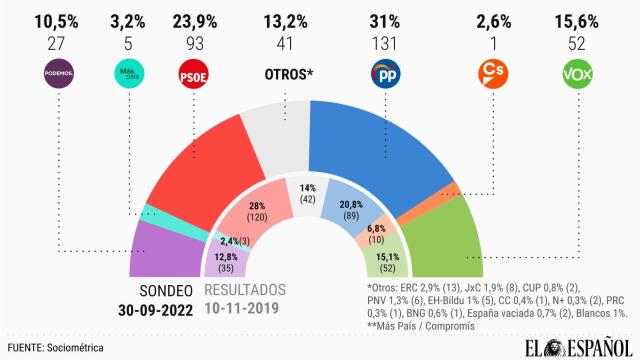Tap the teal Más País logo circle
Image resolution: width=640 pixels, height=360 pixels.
tap(124, 74)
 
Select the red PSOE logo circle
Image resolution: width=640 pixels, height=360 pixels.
tap(192, 74)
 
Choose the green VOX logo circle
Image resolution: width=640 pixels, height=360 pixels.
tap(578, 74)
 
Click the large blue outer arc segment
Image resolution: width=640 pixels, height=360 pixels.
tap(380, 140)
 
